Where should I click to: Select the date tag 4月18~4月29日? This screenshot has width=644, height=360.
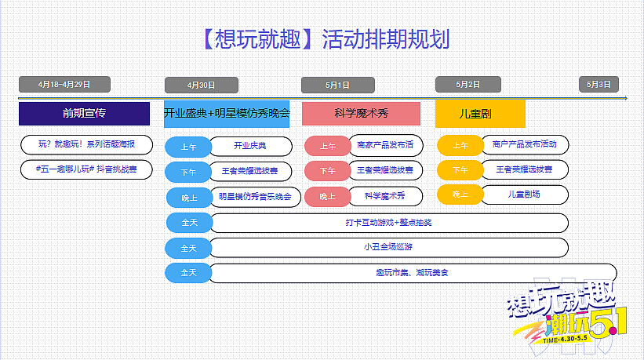click(64, 84)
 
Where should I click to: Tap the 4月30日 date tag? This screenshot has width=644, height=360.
click(201, 85)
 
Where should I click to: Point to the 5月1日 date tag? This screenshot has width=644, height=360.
click(337, 84)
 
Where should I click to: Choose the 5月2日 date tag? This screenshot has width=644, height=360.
click(468, 84)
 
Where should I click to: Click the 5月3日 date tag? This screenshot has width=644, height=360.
click(599, 84)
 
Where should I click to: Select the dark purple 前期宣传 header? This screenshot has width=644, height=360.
click(84, 114)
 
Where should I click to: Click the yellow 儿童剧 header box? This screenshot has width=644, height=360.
click(475, 114)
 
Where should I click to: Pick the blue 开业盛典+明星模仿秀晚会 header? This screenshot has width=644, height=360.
click(227, 114)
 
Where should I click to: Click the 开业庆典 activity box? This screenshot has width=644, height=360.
click(250, 145)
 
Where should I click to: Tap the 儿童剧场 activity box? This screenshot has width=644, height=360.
click(524, 194)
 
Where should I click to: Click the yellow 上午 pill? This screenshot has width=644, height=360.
click(460, 145)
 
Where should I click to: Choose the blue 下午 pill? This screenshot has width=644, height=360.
click(188, 170)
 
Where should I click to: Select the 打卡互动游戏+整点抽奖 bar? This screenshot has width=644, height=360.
click(388, 223)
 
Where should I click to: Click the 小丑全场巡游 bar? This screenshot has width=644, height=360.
click(388, 248)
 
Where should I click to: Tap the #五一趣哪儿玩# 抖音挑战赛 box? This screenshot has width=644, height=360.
click(86, 169)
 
